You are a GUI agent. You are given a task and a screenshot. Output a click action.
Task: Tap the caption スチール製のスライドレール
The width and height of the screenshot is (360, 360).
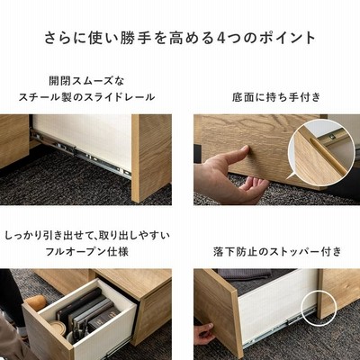(x=86, y=97)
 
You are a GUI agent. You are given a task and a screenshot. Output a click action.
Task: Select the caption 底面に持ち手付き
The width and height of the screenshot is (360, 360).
(x=276, y=97)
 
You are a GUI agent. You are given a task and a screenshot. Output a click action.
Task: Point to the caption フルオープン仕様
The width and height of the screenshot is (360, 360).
(x=86, y=251)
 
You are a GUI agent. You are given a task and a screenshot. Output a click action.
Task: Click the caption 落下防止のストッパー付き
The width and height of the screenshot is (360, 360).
(x=277, y=251)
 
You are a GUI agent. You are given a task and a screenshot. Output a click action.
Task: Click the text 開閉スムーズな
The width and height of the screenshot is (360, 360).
(x=86, y=81)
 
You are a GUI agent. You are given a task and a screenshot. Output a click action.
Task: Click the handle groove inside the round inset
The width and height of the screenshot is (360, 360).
(x=326, y=156)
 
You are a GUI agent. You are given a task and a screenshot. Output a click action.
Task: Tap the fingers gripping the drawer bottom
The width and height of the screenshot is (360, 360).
(x=204, y=332)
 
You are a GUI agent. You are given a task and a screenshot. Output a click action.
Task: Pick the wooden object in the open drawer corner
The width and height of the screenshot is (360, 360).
(x=36, y=302)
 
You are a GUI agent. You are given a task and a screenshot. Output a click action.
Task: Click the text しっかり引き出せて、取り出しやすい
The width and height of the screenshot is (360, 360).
(x=86, y=235)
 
